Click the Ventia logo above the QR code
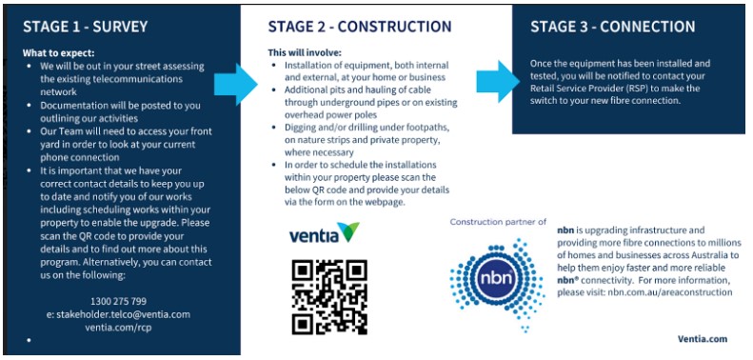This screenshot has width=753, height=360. click(x=324, y=233)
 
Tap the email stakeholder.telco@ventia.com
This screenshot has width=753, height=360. click(x=119, y=313)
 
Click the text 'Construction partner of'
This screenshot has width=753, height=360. click(x=498, y=222)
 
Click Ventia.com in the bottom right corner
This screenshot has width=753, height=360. click(x=703, y=338)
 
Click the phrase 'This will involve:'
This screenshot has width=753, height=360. click(x=304, y=52)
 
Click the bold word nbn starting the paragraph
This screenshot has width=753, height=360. click(x=565, y=230)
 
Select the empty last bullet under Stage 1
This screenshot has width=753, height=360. click(x=30, y=339)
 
